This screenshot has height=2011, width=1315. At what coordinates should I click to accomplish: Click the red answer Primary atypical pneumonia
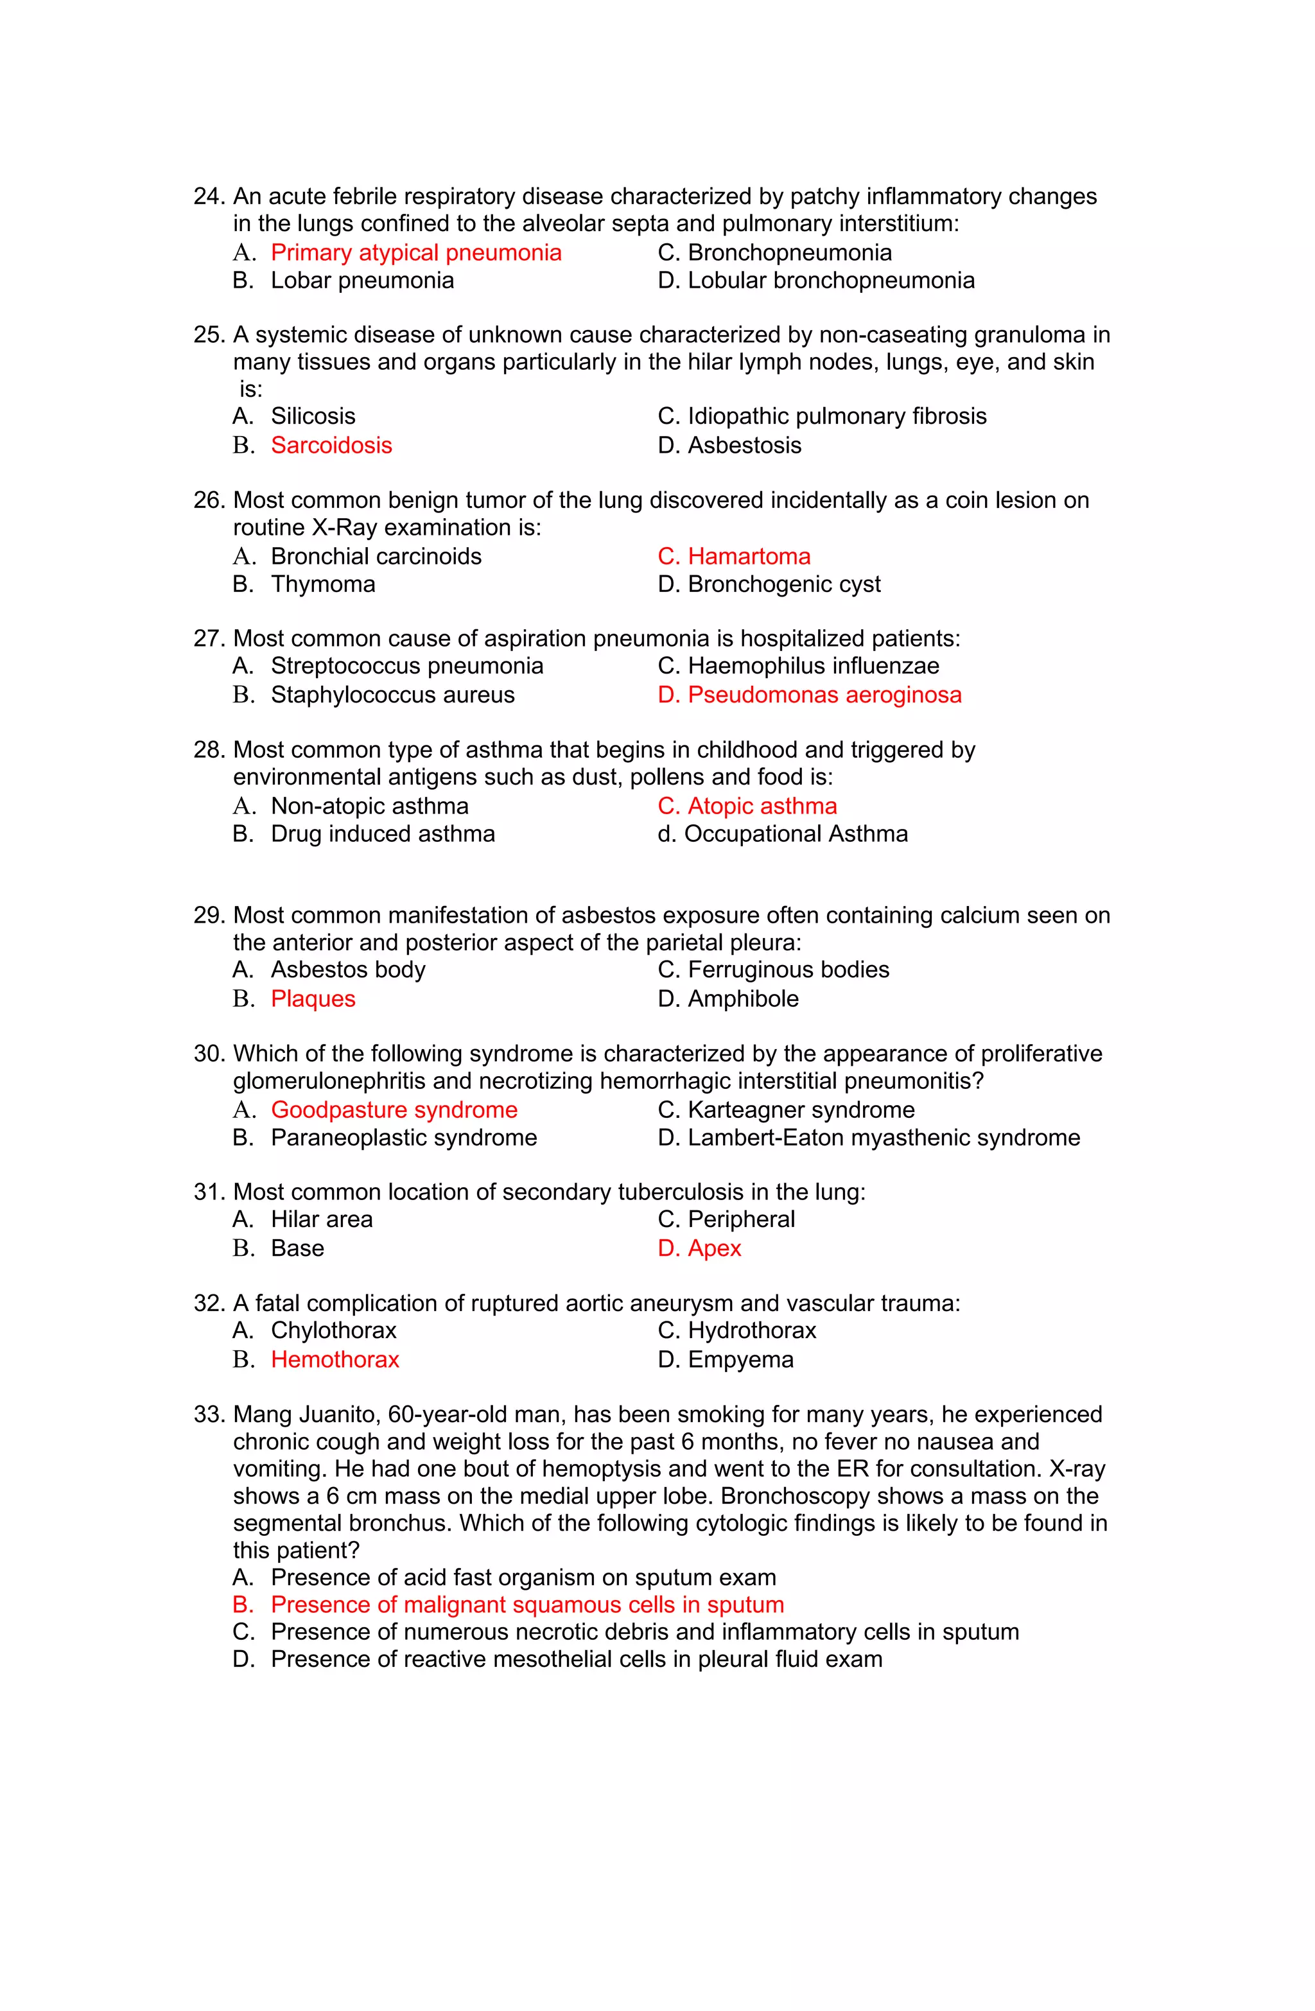click(x=416, y=252)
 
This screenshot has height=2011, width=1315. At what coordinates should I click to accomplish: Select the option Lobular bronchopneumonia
click(x=831, y=281)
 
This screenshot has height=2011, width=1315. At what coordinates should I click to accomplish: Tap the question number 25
click(x=208, y=335)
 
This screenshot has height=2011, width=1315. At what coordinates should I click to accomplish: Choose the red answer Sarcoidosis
click(x=331, y=446)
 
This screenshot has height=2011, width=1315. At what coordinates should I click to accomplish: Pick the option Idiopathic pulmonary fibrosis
click(x=837, y=417)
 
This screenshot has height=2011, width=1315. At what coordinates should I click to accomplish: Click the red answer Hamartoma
click(x=749, y=557)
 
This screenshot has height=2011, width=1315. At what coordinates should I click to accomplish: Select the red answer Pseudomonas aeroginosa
click(x=824, y=695)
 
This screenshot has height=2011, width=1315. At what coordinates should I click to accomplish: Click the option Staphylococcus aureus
click(x=392, y=695)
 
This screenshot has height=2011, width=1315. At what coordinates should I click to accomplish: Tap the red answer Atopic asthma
click(x=762, y=806)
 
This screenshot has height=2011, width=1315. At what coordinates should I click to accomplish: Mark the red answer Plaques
click(x=313, y=998)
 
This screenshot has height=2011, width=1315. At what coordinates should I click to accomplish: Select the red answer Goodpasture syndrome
click(x=394, y=1110)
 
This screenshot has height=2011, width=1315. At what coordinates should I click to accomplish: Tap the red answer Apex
click(x=713, y=1249)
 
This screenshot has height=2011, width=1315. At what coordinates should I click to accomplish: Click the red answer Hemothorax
click(x=335, y=1359)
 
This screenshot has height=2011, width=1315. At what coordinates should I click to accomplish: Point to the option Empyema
click(x=740, y=1359)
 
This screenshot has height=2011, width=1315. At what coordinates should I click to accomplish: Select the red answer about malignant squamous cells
click(x=527, y=1605)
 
